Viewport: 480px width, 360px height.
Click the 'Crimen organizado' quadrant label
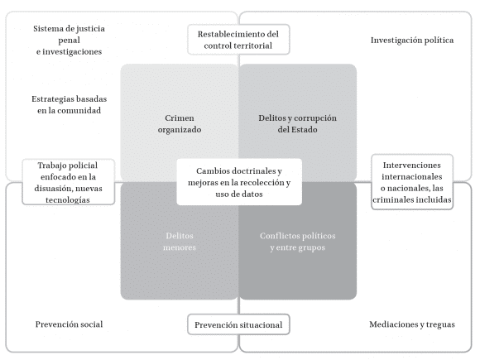pyautogui.click(x=179, y=123)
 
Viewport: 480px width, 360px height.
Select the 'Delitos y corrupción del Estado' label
pyautogui.click(x=297, y=123)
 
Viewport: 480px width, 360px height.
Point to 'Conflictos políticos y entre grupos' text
pyautogui.click(x=297, y=240)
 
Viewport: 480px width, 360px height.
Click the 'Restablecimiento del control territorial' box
pyautogui.click(x=238, y=40)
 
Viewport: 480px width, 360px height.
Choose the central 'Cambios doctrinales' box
pyautogui.click(x=238, y=181)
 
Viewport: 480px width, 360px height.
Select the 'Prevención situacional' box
pyautogui.click(x=238, y=325)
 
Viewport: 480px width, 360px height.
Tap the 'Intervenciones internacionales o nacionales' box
pyautogui.click(x=412, y=182)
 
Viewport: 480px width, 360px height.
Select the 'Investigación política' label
pyautogui.click(x=411, y=40)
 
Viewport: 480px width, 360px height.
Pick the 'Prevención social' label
pyautogui.click(x=69, y=324)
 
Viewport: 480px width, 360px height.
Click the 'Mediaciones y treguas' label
pyautogui.click(x=411, y=324)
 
